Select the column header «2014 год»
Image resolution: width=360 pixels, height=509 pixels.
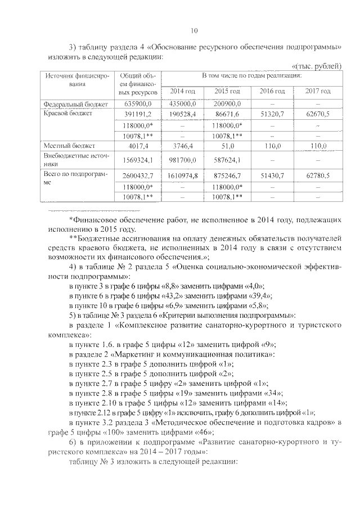pyautogui.click(x=181, y=91)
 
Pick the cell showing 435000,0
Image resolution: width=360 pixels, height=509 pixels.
pyautogui.click(x=181, y=103)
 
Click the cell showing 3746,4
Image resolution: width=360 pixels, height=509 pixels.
pyautogui.click(x=181, y=145)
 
